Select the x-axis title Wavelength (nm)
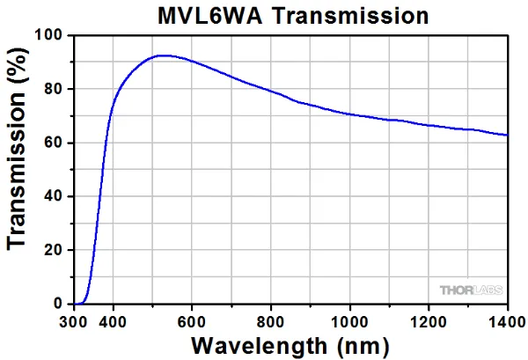(x=291, y=344)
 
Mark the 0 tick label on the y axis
(x=60, y=304)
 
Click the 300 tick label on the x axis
(x=75, y=320)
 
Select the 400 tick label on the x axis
(x=114, y=320)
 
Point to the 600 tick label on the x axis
(x=192, y=320)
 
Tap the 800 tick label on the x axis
(x=271, y=320)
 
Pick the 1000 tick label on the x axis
(x=350, y=320)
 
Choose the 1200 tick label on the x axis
(x=429, y=320)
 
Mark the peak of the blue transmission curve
(x=163, y=55)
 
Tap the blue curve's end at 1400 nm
(x=507, y=136)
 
